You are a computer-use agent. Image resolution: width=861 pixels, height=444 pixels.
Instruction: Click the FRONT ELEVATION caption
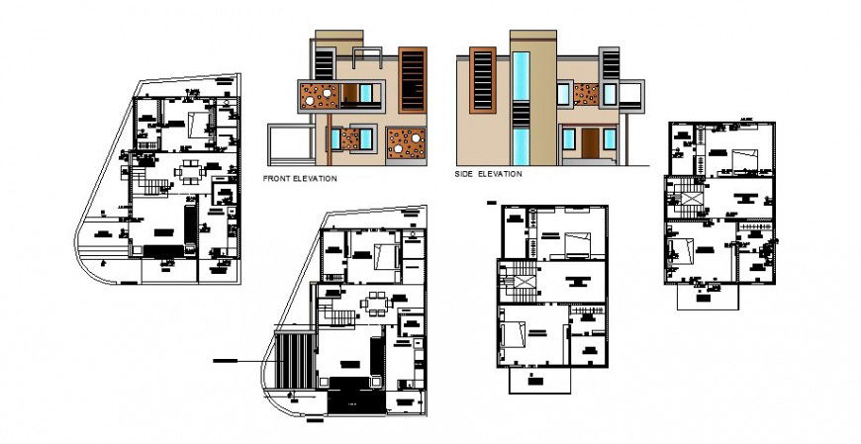(299, 179)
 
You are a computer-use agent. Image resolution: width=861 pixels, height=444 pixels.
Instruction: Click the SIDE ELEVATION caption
(487, 174)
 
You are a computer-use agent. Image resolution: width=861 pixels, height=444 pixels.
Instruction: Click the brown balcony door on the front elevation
(348, 95)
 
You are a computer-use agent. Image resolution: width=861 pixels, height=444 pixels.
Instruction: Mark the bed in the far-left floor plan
(198, 125)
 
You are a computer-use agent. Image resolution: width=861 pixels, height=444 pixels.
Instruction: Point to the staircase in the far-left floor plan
(146, 183)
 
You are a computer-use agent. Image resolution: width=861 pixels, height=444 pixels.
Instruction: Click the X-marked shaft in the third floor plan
(523, 283)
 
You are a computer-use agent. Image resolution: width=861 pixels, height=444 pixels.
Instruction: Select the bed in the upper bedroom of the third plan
(575, 241)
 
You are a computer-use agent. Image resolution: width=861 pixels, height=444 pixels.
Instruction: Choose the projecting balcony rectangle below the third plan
(534, 380)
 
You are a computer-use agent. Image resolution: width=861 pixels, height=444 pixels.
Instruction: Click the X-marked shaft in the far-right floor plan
(690, 199)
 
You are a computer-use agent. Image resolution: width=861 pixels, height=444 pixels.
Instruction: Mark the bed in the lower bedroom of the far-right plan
(680, 251)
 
